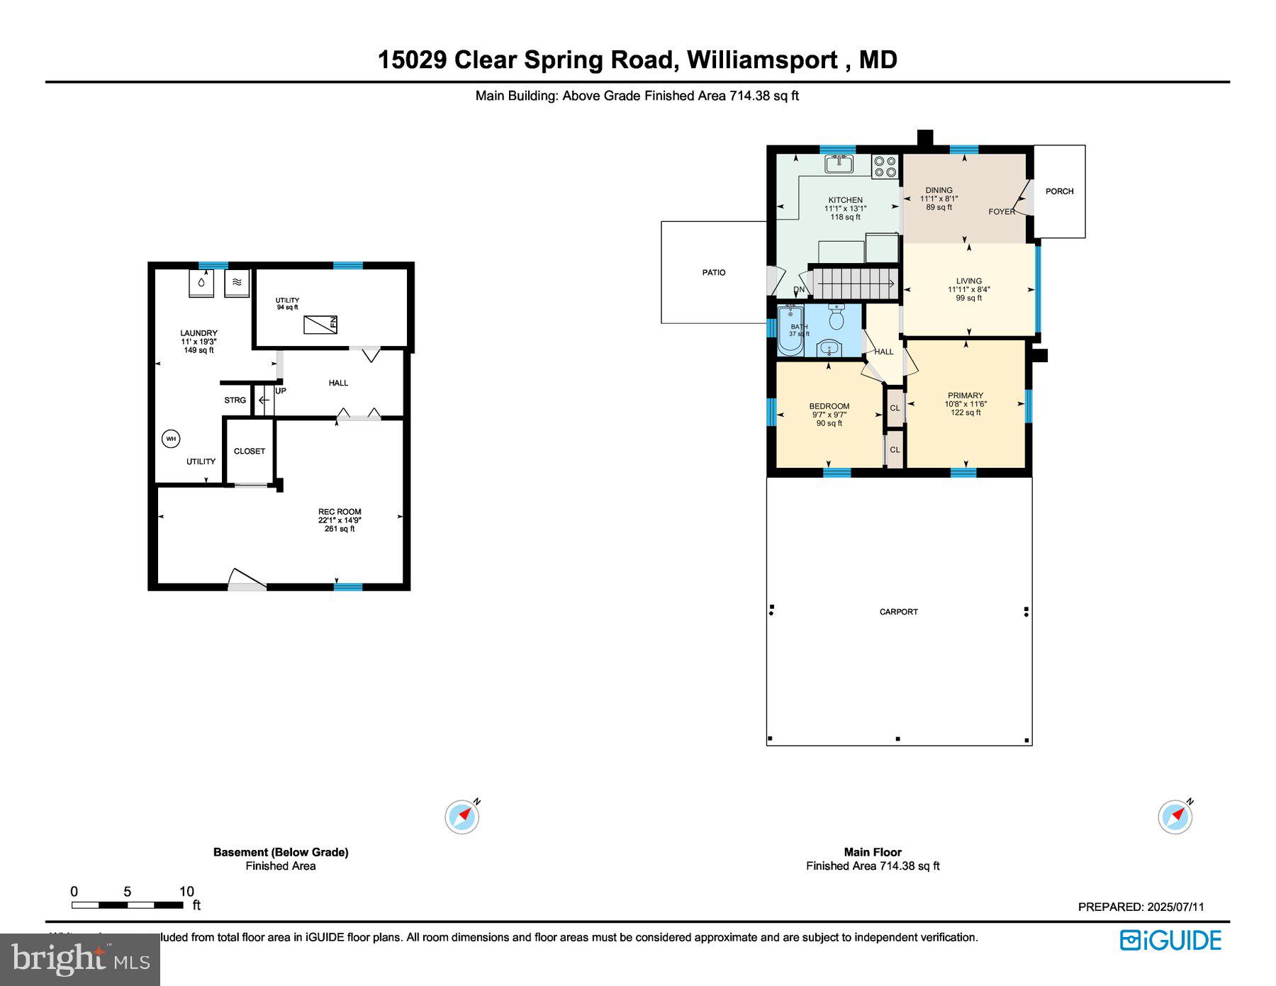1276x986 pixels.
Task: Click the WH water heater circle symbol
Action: [171, 439]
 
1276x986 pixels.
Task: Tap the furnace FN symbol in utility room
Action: [320, 325]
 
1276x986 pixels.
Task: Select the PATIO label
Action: [714, 272]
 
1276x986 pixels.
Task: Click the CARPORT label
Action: [898, 612]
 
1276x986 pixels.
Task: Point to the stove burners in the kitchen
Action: [885, 167]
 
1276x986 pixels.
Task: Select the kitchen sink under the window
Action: [839, 164]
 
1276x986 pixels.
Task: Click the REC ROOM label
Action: [340, 512]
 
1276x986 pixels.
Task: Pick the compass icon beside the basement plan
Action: [462, 817]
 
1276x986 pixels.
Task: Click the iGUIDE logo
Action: [1170, 940]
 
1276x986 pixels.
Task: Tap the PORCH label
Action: [1059, 191]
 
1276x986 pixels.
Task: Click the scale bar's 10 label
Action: [186, 892]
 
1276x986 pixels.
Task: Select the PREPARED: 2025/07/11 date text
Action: [1141, 907]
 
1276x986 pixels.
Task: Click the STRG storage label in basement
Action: [235, 400]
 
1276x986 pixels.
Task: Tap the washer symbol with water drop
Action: [201, 283]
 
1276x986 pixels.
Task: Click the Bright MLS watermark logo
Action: [80, 959]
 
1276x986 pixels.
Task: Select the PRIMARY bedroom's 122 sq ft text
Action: [966, 413]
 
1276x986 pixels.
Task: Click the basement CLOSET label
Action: [250, 451]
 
